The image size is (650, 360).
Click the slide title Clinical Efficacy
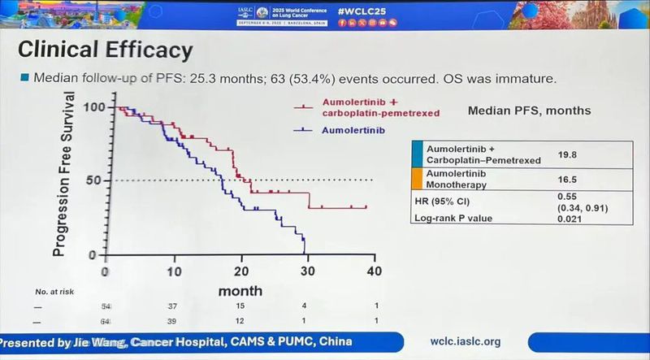pos(106,50)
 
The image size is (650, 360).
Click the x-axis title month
pos(240,290)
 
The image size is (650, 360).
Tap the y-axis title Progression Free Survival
pos(69,175)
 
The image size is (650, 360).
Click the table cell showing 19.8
pos(567,154)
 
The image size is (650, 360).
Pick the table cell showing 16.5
pos(567,180)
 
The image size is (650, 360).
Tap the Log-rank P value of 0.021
pos(569,218)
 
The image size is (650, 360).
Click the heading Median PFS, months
pos(529,109)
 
